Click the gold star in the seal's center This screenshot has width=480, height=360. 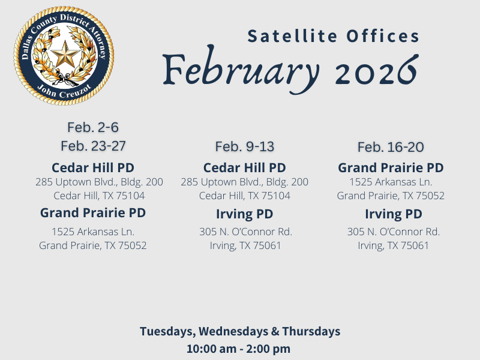(64, 56)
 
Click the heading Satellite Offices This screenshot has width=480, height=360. (334, 37)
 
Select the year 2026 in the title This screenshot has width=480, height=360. (376, 71)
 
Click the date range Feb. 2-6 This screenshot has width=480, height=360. (93, 127)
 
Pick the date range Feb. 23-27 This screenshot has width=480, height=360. (93, 146)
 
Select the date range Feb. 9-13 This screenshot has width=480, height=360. (245, 146)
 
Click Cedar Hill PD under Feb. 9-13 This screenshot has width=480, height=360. (245, 167)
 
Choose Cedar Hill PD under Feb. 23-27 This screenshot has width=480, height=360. (93, 167)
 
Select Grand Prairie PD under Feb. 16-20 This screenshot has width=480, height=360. (391, 167)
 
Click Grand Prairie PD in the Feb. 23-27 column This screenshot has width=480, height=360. (93, 212)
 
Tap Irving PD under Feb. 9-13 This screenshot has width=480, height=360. (245, 214)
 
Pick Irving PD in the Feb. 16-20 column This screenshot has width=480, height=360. (394, 214)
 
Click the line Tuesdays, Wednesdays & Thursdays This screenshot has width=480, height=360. (240, 331)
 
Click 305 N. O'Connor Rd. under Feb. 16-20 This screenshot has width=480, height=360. (394, 232)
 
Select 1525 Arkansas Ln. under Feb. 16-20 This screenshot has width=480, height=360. (391, 182)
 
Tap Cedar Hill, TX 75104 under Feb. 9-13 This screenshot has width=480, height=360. (245, 196)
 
